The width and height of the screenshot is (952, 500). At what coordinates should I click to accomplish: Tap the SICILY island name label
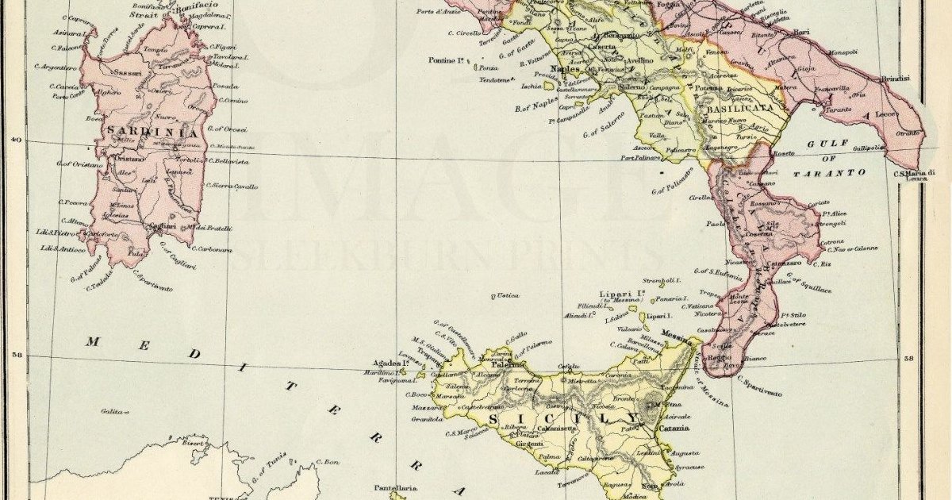(564, 418)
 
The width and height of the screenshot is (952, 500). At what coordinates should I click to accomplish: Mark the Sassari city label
(129, 73)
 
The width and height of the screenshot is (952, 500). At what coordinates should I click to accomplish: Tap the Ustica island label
(507, 296)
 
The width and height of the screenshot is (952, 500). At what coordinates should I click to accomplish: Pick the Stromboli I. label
(662, 280)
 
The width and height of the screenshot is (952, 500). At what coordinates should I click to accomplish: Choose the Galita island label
(113, 411)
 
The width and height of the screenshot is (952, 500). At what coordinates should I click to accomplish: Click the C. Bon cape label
(328, 461)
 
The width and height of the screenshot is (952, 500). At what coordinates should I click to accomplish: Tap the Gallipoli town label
(867, 148)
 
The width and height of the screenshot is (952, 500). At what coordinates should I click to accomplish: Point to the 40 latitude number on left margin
(13, 140)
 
